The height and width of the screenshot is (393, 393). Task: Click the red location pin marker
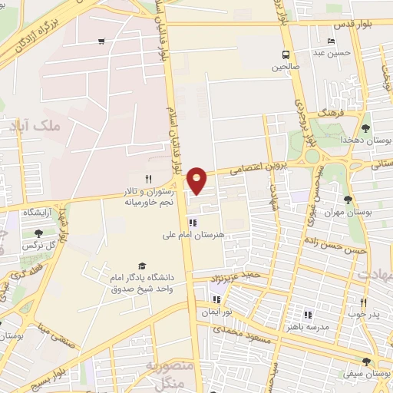tap(198, 180)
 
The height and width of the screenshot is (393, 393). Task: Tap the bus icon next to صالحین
tap(286, 54)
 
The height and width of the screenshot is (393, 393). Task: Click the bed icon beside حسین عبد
tap(331, 41)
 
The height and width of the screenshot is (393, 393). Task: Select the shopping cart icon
tap(101, 42)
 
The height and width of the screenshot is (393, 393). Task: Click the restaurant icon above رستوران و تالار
tap(149, 179)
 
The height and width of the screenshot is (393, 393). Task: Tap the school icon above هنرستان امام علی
tap(191, 224)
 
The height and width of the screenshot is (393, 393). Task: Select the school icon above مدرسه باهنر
tap(308, 315)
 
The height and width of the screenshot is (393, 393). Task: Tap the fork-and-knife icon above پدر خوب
tap(364, 302)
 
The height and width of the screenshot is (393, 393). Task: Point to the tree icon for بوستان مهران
tap(348, 199)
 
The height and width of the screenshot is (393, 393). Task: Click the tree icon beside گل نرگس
tap(39, 233)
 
